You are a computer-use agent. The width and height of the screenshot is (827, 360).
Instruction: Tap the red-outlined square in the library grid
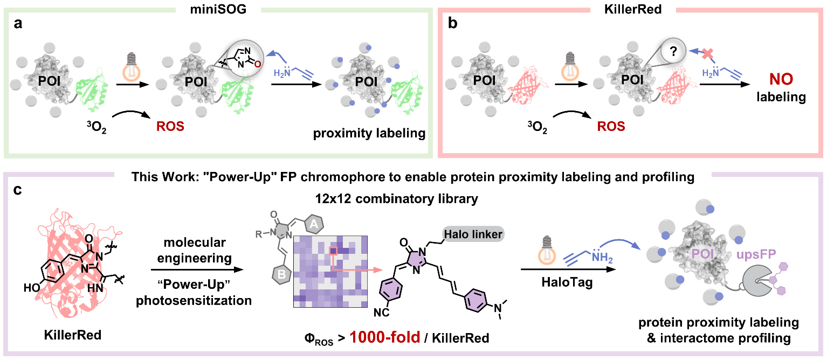[x=333, y=251]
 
